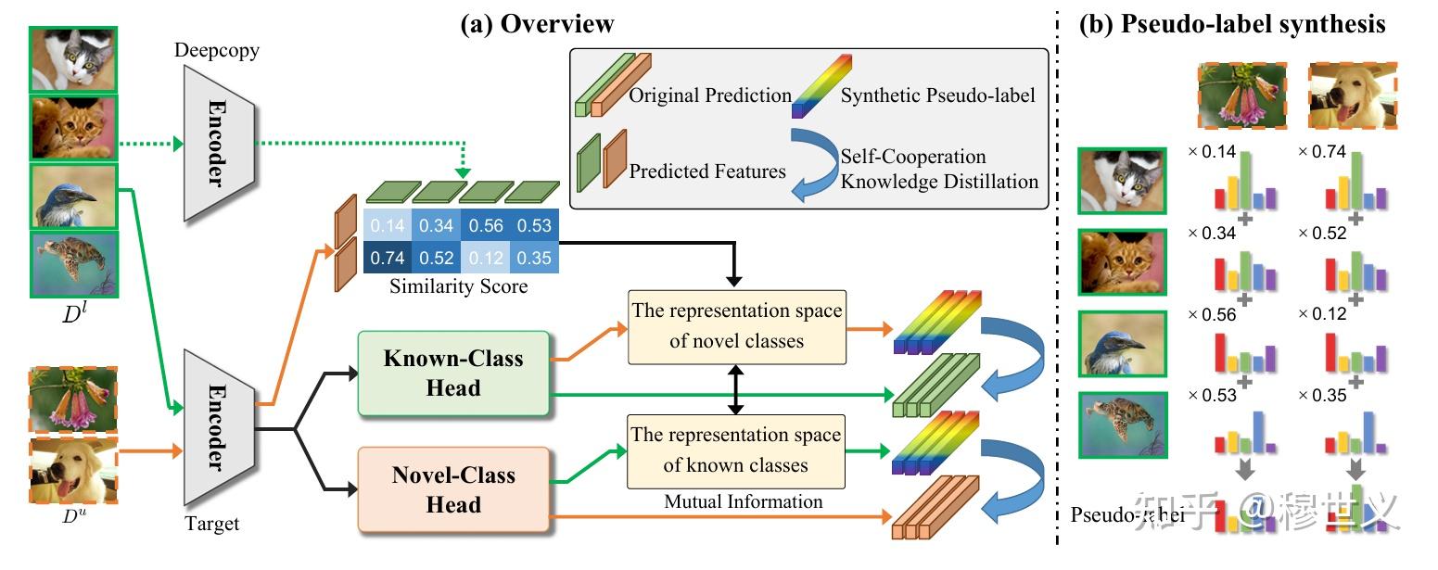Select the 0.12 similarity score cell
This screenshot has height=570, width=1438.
point(488,256)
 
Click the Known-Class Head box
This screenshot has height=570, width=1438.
point(453,373)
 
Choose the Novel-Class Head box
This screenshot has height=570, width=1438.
point(453,490)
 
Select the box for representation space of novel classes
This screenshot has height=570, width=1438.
point(737,325)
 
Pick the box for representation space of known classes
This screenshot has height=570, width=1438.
point(737,450)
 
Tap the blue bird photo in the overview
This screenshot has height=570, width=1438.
point(74,196)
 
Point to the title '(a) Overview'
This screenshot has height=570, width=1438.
point(537,24)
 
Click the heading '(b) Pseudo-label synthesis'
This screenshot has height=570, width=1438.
point(1231,24)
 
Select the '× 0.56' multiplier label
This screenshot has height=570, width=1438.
point(1212,313)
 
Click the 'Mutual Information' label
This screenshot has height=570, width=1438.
point(744,502)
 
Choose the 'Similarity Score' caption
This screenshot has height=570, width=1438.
point(458,286)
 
